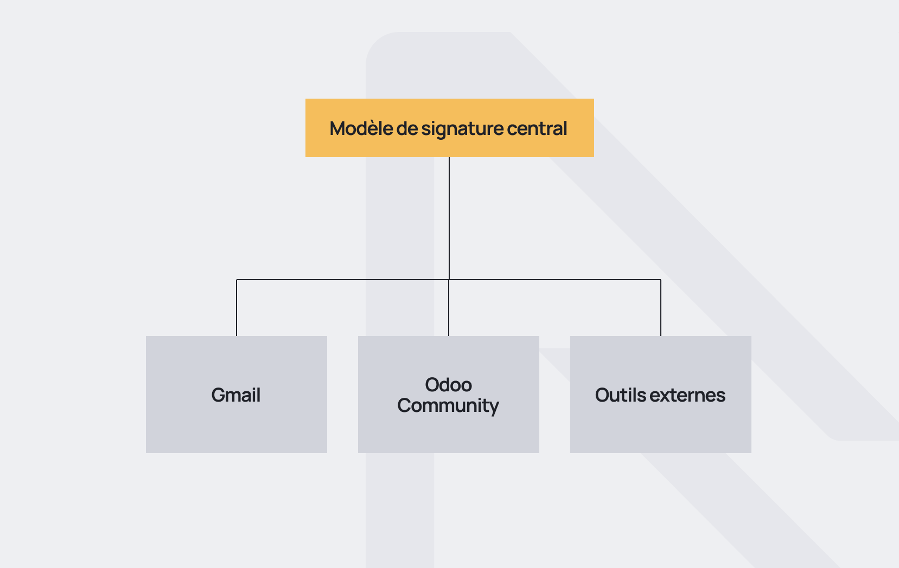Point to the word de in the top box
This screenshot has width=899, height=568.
[x=407, y=128]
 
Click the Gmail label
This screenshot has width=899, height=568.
[x=236, y=395]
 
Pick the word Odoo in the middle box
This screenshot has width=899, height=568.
[x=448, y=385]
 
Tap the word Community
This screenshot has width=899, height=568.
[x=448, y=405]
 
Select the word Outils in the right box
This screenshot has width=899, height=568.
[x=620, y=395]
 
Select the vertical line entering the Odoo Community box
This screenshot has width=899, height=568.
[x=449, y=309]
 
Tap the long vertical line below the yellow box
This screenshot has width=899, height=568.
[x=449, y=217]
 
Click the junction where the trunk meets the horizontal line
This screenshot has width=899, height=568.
[x=449, y=280]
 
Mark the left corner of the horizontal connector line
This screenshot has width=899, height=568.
[x=237, y=280]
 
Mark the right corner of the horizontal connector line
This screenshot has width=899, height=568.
[x=661, y=280]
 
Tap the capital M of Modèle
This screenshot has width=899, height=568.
[x=339, y=128]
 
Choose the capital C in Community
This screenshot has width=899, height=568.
[x=405, y=405]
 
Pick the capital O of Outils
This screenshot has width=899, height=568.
[x=603, y=395]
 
